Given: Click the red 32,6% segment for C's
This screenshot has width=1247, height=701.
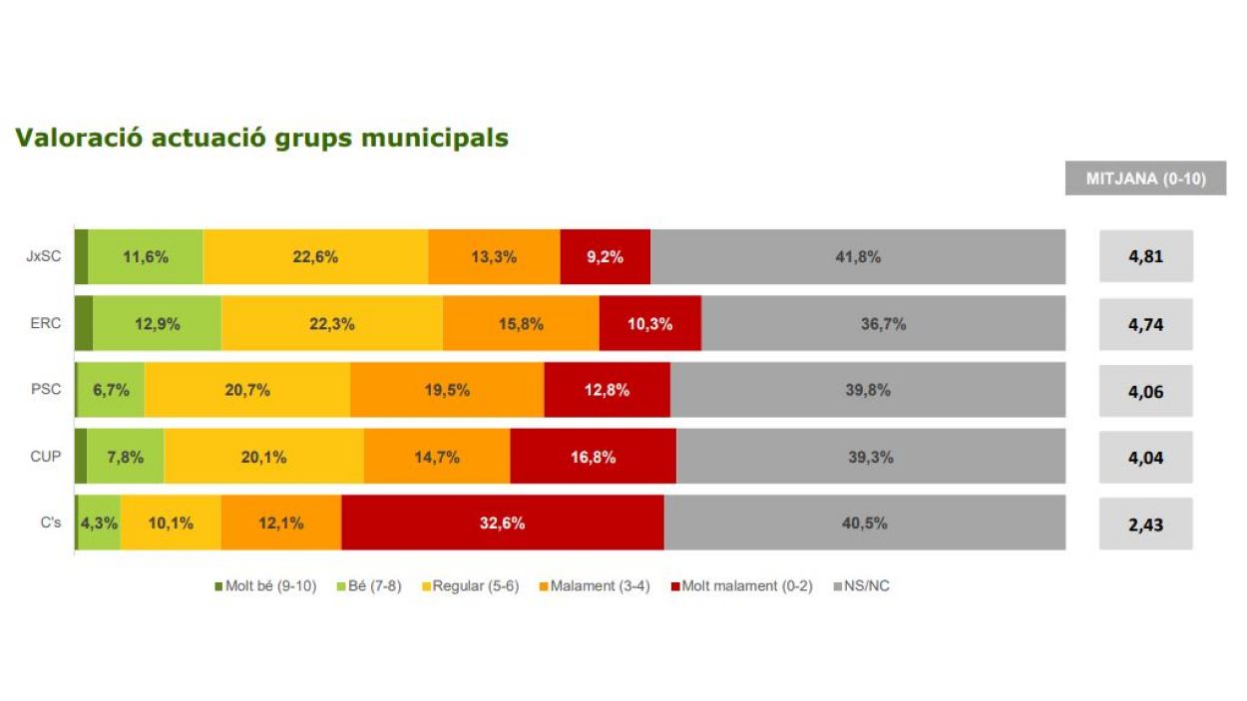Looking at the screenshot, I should click(x=502, y=523).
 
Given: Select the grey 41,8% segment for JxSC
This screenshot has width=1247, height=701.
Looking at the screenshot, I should click(x=857, y=256).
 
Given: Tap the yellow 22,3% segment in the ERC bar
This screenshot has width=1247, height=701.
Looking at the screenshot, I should click(x=331, y=323).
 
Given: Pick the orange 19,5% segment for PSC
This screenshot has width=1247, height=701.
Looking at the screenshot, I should click(x=447, y=390).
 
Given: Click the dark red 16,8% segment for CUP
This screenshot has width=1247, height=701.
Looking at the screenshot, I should click(x=593, y=457).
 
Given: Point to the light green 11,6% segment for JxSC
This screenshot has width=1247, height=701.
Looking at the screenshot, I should click(x=145, y=256).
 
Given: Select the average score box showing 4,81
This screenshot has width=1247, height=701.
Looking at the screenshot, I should click(x=1145, y=256).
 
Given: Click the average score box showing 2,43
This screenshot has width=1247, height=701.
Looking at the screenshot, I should click(x=1145, y=524).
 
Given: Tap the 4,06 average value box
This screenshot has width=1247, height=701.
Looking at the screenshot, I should click(x=1145, y=391).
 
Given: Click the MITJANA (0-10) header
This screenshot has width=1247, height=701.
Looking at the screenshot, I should click(x=1145, y=178).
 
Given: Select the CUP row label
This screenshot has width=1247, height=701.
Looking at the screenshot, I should click(x=46, y=457).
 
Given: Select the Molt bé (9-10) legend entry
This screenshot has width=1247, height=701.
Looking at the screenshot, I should click(x=264, y=585).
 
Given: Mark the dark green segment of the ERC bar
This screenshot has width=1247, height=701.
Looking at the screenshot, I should click(x=84, y=323).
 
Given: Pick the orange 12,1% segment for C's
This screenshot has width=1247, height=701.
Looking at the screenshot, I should click(x=281, y=523).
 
